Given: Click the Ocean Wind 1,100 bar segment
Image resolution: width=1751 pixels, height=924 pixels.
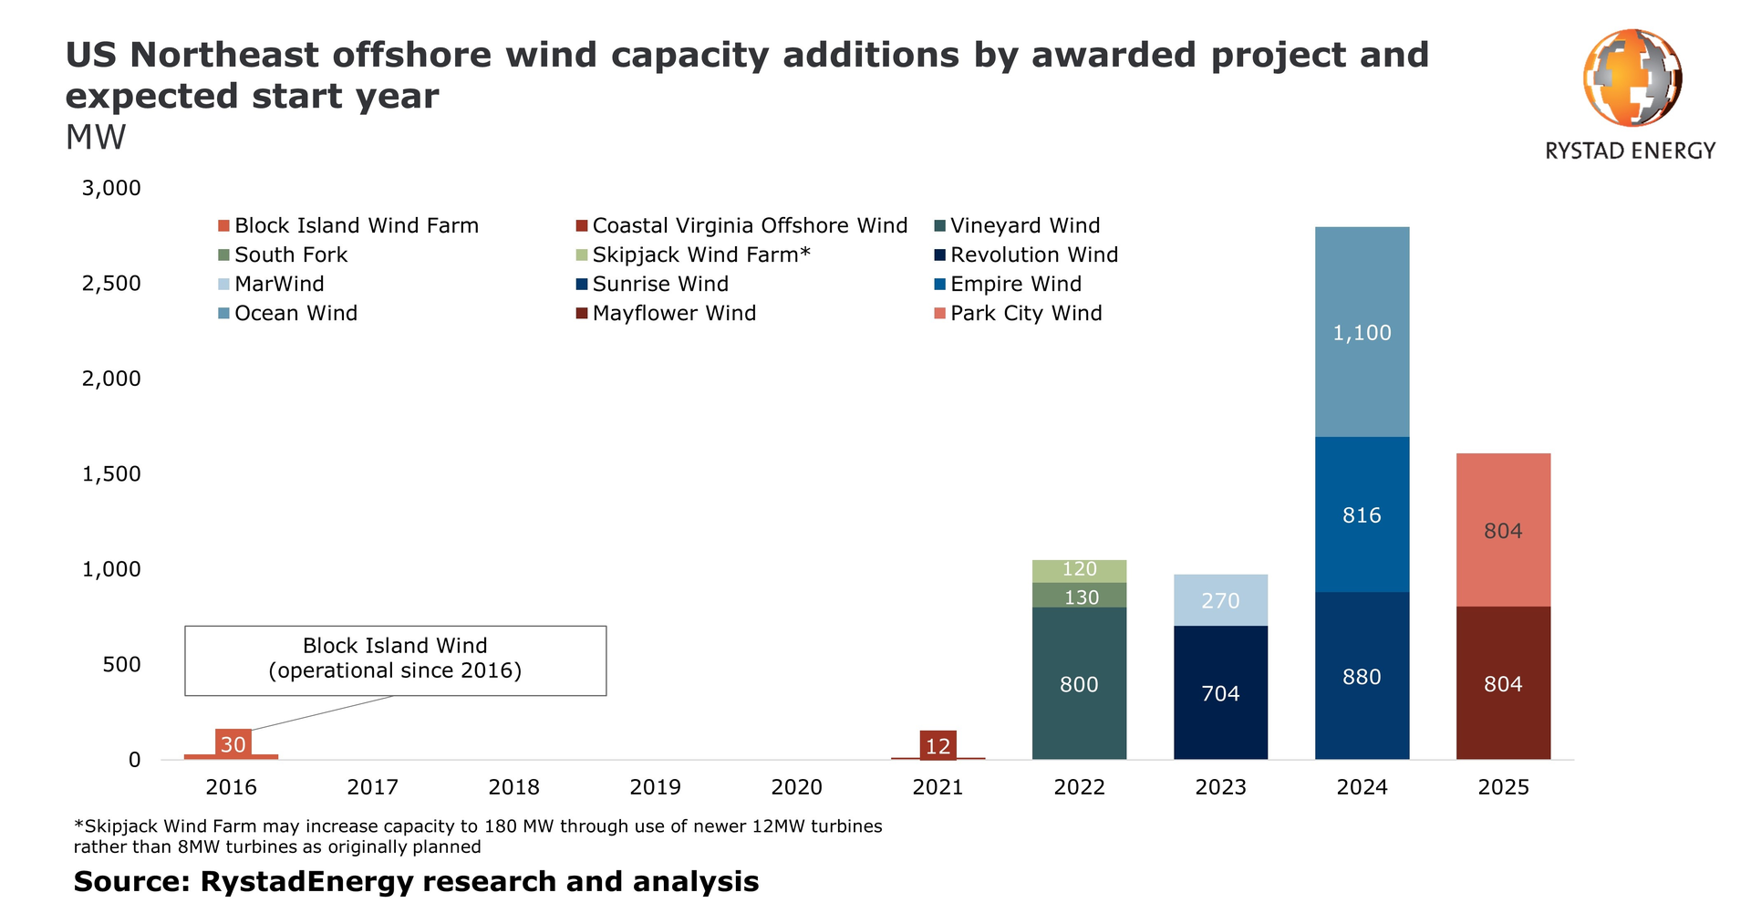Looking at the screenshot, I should point(1362,332).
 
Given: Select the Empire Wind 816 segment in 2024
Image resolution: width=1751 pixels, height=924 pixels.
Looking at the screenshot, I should point(1362,515).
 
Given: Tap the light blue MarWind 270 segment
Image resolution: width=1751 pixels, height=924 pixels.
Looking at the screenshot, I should point(1220,600).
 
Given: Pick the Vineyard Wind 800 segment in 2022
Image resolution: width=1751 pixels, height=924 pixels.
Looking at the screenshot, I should point(1079,684).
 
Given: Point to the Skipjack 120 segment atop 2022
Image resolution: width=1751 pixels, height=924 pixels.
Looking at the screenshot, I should point(1079,570).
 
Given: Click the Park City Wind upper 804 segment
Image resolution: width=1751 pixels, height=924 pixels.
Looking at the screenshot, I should point(1503,531).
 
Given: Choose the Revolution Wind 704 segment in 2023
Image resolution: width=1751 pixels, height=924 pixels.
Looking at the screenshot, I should point(1220,693).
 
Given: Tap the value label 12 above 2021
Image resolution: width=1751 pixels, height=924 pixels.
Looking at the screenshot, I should point(938,745).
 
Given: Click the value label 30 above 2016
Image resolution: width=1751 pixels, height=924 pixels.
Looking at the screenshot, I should point(233,744).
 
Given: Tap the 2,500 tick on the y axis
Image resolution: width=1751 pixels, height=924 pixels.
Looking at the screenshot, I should point(111,284).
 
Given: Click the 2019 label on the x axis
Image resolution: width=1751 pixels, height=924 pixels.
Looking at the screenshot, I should point(655,787).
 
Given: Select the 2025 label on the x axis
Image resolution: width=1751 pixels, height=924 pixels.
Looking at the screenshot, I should point(1503,787).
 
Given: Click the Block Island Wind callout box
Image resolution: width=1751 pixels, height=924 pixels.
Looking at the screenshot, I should point(395,659).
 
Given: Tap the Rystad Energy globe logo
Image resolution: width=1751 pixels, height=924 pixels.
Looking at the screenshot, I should point(1632,78).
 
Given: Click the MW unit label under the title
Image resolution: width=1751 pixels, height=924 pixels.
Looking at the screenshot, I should point(96,138).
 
